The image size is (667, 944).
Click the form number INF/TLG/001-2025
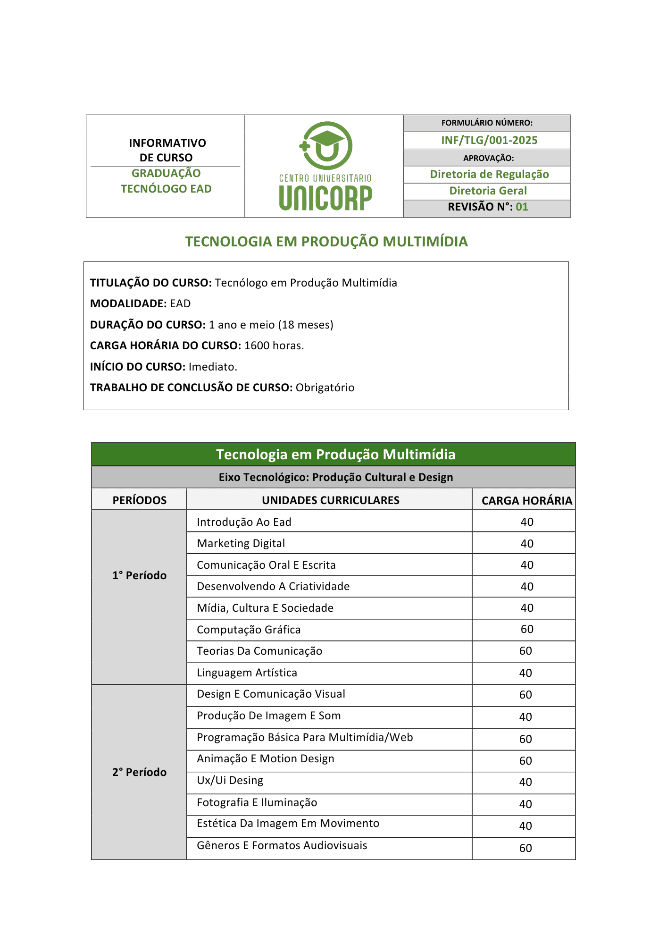[489, 140]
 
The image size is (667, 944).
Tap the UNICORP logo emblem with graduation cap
[326, 145]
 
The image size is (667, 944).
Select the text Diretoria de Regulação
[489, 174]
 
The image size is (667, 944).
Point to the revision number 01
[522, 207]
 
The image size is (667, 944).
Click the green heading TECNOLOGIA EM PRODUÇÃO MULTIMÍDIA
[326, 241]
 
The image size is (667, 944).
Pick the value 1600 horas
[274, 346]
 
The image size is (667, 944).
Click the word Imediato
[213, 367]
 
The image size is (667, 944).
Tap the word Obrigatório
[325, 388]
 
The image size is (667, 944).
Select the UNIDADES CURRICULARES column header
[330, 500]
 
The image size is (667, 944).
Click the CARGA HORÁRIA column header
[526, 501]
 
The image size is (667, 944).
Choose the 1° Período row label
[139, 575]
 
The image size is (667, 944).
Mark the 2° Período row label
[139, 772]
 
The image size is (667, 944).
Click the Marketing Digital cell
[241, 543]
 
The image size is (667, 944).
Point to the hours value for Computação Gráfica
[527, 629]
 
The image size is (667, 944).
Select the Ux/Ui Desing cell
[230, 780]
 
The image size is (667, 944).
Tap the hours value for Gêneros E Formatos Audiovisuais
[525, 848]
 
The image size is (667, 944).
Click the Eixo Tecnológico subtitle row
[335, 477]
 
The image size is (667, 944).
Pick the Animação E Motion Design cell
[266, 759]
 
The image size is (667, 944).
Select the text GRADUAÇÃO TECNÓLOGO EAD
[166, 181]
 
